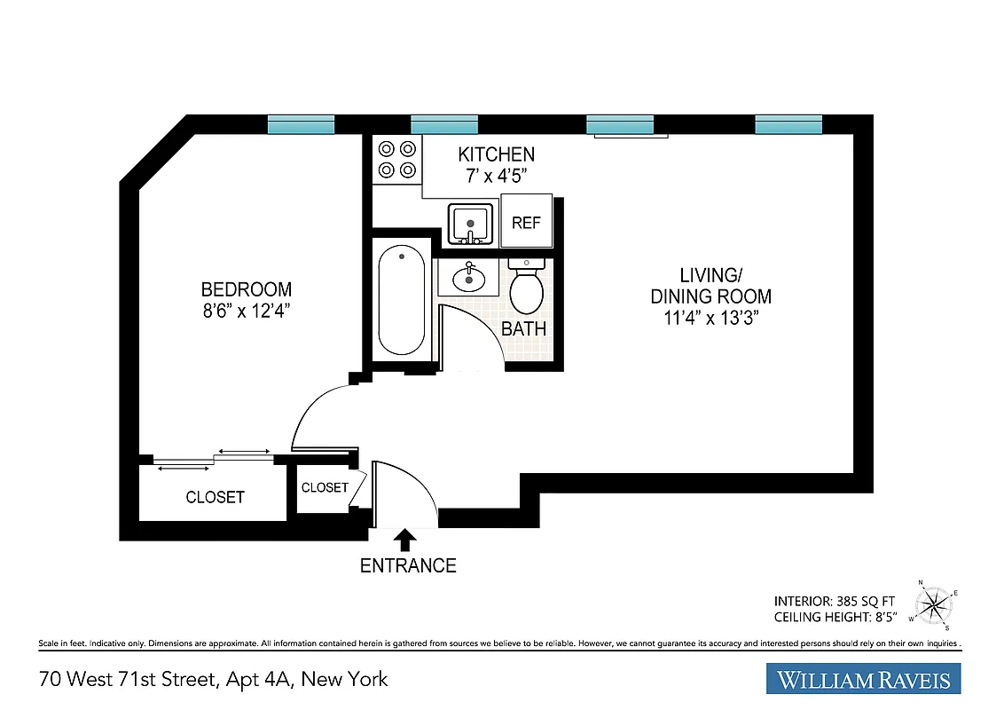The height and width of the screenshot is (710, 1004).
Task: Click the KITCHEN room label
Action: click(497, 154)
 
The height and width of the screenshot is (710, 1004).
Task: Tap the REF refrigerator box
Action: click(526, 222)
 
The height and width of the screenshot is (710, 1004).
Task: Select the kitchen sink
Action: click(470, 224)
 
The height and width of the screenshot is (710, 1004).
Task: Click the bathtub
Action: click(401, 302)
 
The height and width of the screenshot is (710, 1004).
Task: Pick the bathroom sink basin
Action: click(468, 279)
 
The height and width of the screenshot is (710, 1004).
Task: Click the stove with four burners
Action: click(396, 160)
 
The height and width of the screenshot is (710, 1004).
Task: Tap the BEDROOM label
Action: click(247, 289)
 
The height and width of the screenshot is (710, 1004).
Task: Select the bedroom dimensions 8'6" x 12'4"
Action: click(247, 311)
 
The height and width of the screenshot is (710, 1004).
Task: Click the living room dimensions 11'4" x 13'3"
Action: click(711, 319)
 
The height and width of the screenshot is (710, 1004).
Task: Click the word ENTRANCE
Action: click(408, 565)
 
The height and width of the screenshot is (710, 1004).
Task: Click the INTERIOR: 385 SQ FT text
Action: click(835, 599)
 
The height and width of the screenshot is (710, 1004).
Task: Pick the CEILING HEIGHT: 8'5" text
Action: click(835, 615)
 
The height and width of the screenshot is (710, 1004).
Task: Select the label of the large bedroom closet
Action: click(215, 497)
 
